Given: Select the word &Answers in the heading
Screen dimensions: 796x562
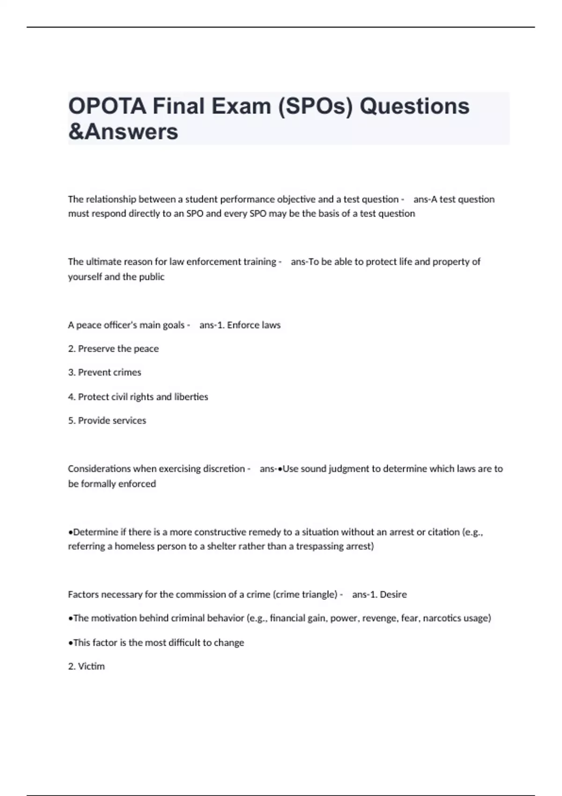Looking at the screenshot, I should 123,132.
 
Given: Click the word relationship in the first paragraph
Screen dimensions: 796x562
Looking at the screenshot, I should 111,199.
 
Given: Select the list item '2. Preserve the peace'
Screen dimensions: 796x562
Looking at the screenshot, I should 113,349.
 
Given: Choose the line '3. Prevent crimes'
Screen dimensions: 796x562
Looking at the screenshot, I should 104,373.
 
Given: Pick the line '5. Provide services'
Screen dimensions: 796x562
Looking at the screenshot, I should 107,421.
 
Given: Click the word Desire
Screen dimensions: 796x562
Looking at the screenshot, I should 393,595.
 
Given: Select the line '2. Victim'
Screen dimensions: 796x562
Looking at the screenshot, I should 86,667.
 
